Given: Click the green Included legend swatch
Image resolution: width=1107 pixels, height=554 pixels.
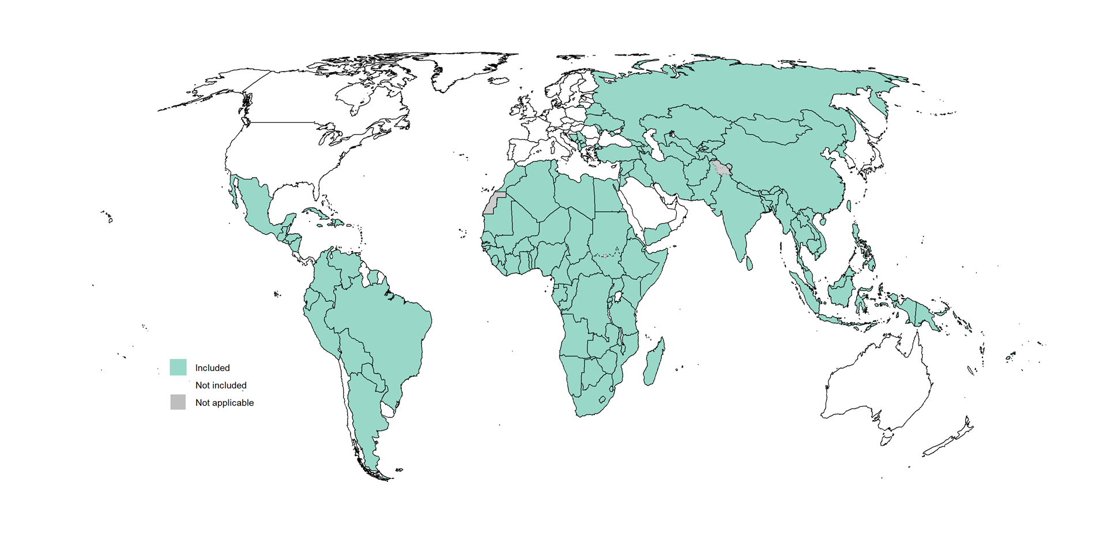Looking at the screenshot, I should pyautogui.click(x=178, y=367).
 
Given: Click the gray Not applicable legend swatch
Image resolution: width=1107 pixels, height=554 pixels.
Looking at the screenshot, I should pyautogui.click(x=178, y=402).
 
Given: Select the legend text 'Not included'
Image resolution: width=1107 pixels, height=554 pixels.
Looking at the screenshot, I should pyautogui.click(x=221, y=385).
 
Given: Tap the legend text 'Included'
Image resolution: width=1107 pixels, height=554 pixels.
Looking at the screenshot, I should pyautogui.click(x=212, y=368).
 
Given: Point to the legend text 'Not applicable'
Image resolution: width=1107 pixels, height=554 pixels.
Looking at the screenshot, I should pyautogui.click(x=224, y=403).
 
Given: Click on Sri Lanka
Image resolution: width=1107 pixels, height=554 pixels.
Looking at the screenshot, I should pyautogui.click(x=750, y=264).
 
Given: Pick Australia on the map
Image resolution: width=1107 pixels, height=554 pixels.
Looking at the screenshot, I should pyautogui.click(x=876, y=387).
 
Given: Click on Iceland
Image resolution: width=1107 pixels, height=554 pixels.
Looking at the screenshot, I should pyautogui.click(x=499, y=81).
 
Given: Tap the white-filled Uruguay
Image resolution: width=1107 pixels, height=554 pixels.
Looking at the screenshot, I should pyautogui.click(x=389, y=410).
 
